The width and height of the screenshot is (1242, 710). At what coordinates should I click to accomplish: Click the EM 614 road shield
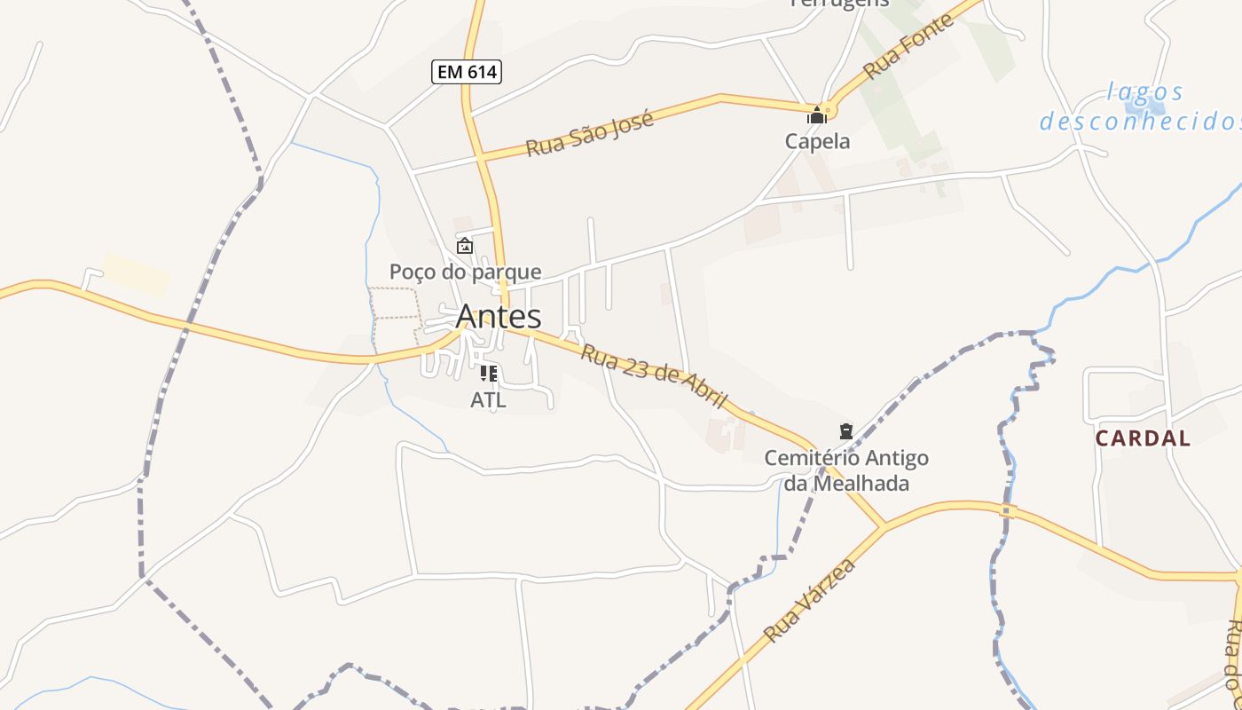467,72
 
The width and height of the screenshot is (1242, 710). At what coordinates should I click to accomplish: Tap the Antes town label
498,316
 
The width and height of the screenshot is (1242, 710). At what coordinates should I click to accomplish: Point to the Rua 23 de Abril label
654,376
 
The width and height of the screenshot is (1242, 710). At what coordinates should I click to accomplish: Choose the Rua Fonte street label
908,46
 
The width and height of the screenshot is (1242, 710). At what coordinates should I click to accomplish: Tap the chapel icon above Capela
815,115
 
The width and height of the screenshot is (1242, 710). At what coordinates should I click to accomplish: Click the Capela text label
817,141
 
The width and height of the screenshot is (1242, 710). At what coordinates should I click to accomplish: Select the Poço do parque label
465,272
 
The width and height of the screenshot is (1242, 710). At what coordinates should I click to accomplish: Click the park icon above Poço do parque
464,246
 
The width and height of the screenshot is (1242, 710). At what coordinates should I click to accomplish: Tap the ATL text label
488,400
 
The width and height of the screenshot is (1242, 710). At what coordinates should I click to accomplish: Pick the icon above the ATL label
488,374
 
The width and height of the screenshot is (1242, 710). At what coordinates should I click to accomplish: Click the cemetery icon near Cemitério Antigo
845,431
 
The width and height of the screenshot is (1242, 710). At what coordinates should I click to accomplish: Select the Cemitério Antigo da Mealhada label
846,470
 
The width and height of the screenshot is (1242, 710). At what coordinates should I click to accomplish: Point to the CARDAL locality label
1143,438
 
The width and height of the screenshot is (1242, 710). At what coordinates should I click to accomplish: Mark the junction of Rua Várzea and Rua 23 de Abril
884,526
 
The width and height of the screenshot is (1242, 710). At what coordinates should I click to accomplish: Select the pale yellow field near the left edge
136,273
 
